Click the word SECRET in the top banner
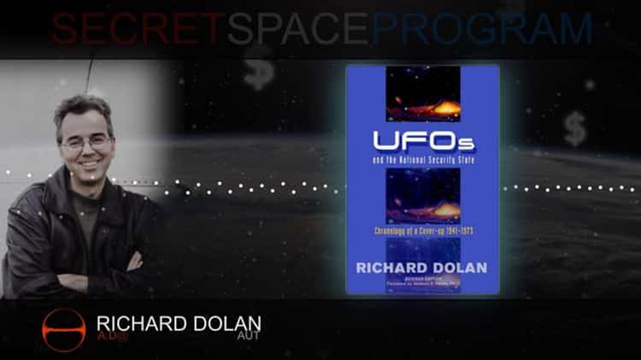138,28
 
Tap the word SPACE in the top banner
298,28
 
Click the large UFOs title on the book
422,142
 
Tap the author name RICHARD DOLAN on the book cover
422,267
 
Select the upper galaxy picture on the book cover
422,95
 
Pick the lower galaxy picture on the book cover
422,198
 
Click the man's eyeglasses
85,142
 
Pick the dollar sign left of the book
257,71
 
